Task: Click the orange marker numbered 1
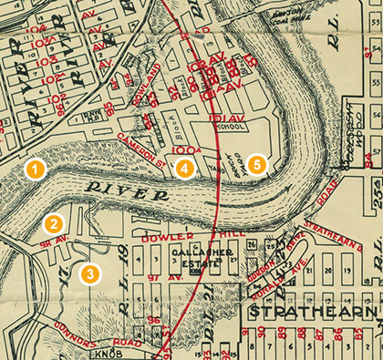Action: click(34, 170)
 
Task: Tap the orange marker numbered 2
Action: click(55, 222)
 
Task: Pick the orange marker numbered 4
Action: click(184, 168)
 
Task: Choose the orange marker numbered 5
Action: click(258, 164)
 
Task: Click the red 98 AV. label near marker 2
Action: click(49, 243)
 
